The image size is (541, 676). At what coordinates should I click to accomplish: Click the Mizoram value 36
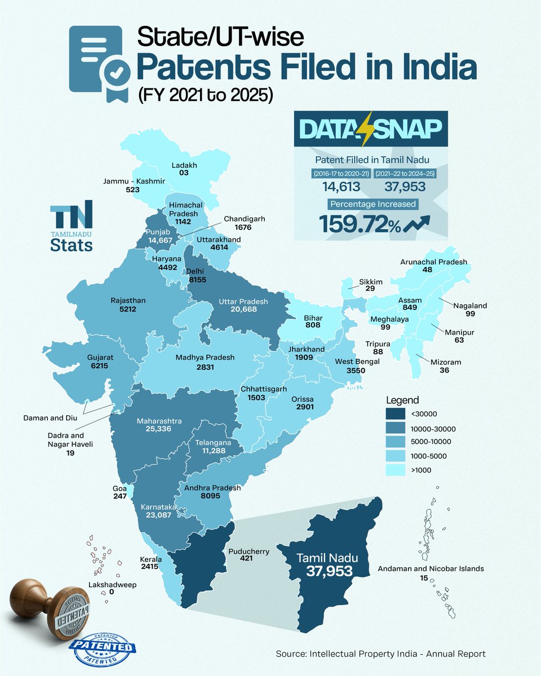pos(434,371)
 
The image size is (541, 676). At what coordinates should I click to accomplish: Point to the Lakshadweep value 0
pos(111,593)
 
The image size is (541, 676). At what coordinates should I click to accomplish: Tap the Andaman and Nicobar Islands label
pos(431,568)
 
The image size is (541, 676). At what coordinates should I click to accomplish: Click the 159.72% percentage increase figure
pos(361,224)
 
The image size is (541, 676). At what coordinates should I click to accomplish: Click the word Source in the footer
pos(290,654)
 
